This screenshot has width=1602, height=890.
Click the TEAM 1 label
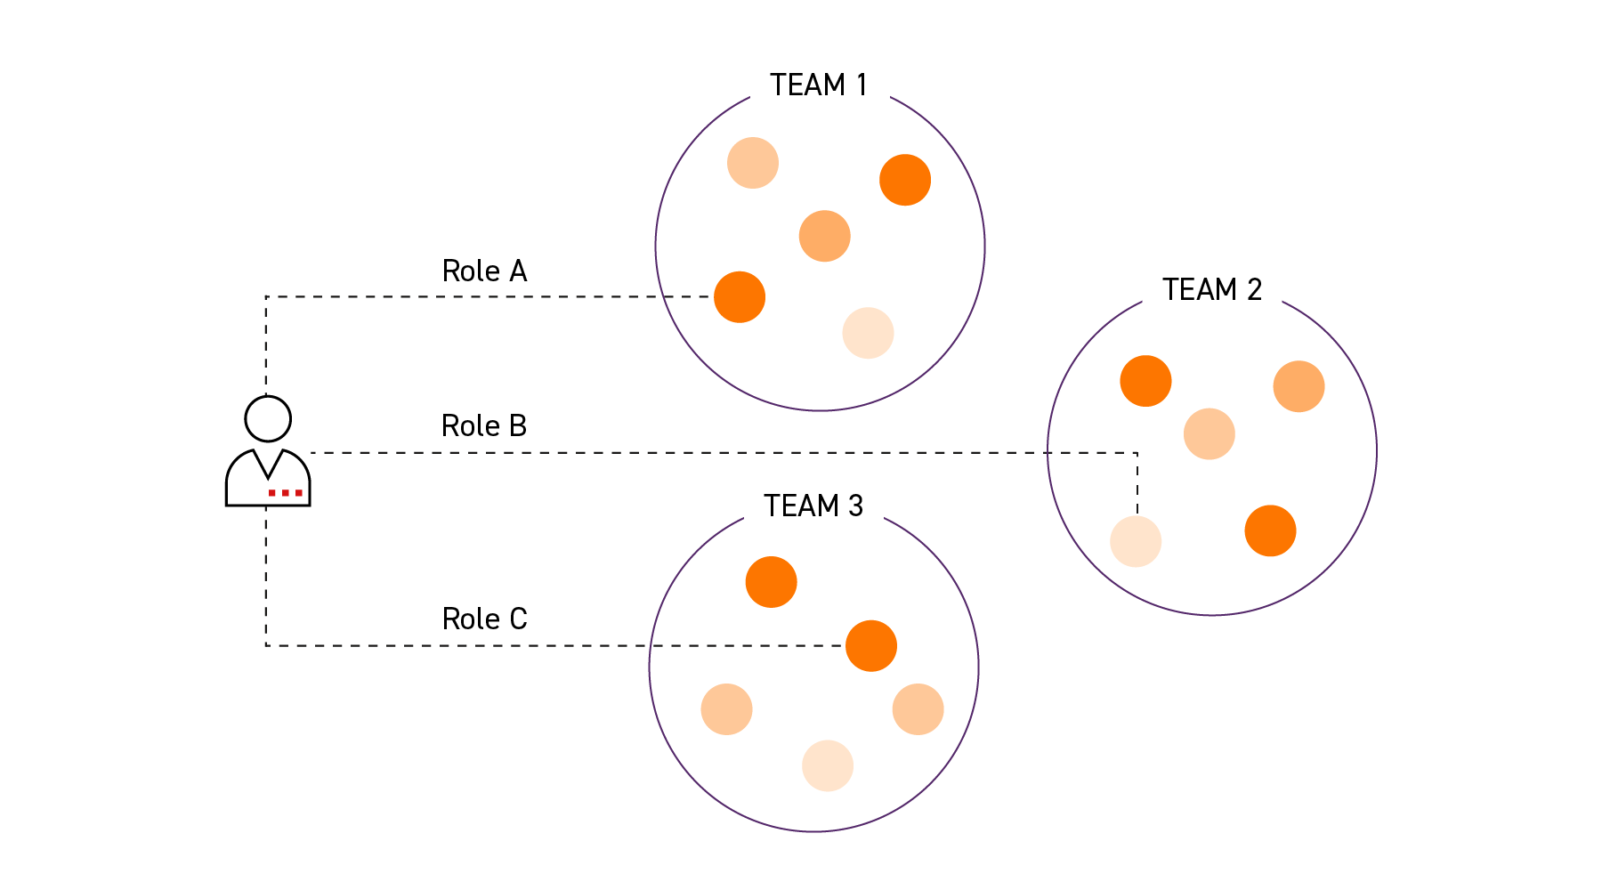[818, 85]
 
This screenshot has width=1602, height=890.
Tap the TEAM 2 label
[1211, 290]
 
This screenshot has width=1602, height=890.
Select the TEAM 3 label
[813, 506]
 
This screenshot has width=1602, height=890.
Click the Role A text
[484, 271]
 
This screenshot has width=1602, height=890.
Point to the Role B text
[484, 426]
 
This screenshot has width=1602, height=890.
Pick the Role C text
[484, 619]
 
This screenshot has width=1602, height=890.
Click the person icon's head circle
[268, 418]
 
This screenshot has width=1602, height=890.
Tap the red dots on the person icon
[286, 492]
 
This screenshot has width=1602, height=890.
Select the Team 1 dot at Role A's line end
[740, 296]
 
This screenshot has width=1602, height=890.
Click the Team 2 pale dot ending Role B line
[1136, 541]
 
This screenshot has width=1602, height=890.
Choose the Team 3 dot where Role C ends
[870, 645]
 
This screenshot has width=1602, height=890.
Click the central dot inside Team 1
[824, 236]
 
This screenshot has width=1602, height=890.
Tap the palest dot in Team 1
[868, 333]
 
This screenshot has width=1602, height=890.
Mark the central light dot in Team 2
[1209, 434]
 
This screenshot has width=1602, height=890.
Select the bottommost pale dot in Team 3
[828, 765]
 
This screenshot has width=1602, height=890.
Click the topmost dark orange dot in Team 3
[771, 582]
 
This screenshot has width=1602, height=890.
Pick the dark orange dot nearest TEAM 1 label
[905, 180]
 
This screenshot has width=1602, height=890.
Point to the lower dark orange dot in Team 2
[1270, 530]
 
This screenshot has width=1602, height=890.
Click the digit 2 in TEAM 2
[1254, 290]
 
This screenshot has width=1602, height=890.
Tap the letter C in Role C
[518, 619]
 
